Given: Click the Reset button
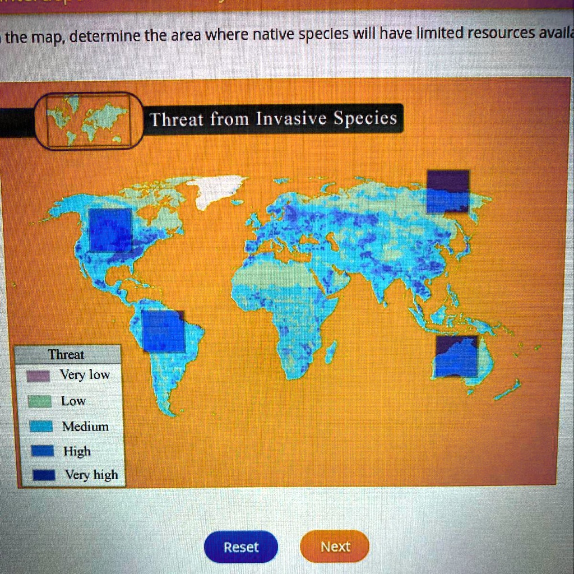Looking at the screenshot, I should click(x=241, y=547).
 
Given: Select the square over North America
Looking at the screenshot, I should click(x=110, y=230).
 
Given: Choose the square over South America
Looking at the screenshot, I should click(x=163, y=331).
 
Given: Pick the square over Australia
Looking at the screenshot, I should click(x=457, y=356).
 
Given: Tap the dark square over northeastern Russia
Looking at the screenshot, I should click(x=448, y=192).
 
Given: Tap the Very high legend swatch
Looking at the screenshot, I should click(x=41, y=475).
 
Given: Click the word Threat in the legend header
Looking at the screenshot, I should click(x=66, y=354).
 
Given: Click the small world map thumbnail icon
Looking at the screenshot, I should click(x=89, y=120).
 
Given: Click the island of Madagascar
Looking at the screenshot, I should click(x=331, y=351).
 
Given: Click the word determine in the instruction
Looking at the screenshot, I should click(x=105, y=37).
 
